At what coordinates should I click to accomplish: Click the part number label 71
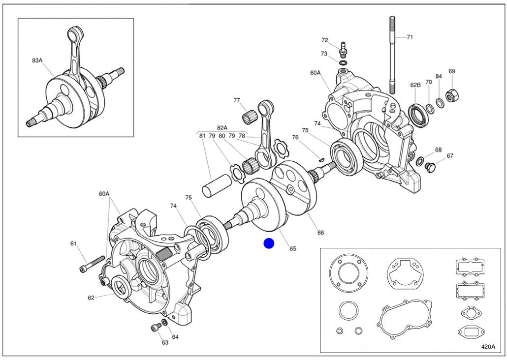[x=410, y=37]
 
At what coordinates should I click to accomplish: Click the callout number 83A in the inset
[x=37, y=60]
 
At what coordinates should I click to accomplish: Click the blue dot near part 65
[x=268, y=243]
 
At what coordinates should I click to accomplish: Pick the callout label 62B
[x=415, y=85]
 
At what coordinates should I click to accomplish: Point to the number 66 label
[x=320, y=233]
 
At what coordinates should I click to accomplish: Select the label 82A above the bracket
[x=222, y=127]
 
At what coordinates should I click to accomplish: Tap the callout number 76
[x=295, y=137]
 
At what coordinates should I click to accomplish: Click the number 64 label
[x=175, y=337]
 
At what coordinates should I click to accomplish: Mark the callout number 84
[x=439, y=77]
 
